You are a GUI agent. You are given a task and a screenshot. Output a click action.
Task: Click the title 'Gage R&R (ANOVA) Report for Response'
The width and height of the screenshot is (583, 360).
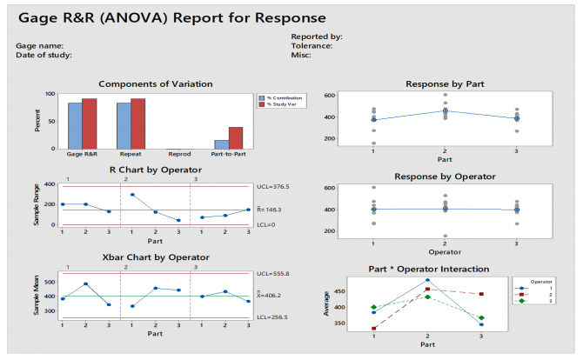click(x=171, y=17)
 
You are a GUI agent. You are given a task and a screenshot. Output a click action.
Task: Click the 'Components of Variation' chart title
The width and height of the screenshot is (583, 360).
click(x=155, y=83)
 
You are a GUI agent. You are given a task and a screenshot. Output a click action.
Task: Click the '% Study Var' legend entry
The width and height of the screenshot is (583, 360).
click(x=280, y=104)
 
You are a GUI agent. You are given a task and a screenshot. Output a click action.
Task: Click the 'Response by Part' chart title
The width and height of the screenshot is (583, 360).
click(x=446, y=83)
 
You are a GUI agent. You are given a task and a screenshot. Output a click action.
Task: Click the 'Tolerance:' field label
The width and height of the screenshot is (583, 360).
click(x=312, y=45)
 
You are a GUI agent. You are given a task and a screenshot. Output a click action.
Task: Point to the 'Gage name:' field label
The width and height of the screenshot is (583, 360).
click(x=39, y=45)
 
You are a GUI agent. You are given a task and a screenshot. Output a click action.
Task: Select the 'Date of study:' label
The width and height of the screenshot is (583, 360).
click(x=44, y=55)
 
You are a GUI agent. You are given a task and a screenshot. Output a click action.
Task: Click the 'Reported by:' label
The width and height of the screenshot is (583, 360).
click(x=316, y=36)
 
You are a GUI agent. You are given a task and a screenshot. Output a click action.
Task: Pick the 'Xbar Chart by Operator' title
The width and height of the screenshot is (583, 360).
click(x=155, y=258)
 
